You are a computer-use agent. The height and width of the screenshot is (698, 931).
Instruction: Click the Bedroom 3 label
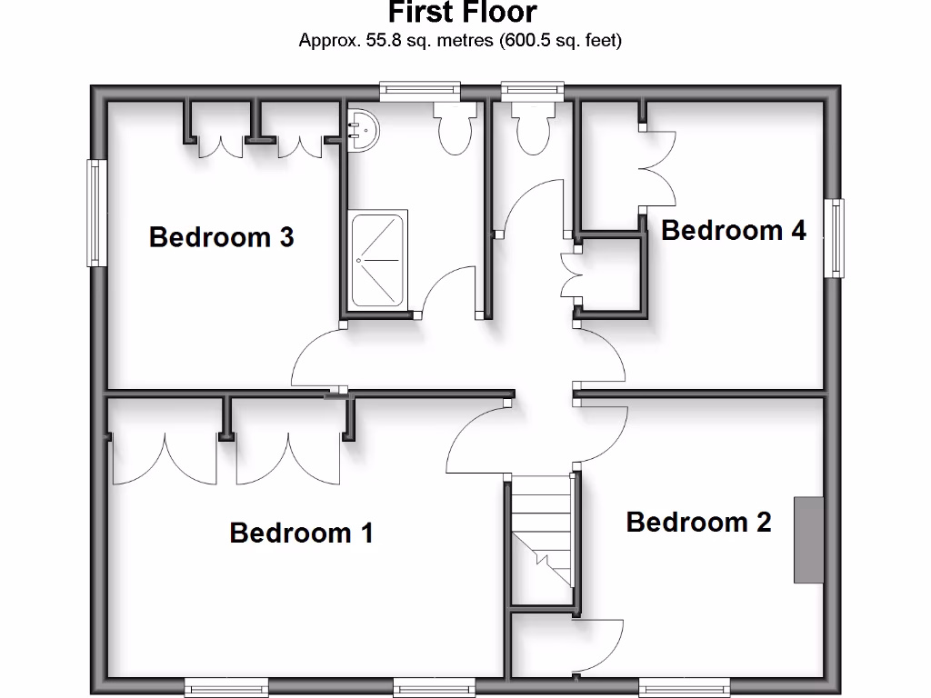point(221,237)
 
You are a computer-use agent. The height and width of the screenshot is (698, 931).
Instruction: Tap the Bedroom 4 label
point(733,230)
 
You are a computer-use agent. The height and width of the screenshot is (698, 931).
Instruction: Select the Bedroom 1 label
point(301,532)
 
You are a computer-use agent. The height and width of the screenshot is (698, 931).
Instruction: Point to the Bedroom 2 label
point(698,522)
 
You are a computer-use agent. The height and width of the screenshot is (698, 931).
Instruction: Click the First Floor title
point(462,13)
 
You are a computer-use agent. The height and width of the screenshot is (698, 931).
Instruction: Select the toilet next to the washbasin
point(455,127)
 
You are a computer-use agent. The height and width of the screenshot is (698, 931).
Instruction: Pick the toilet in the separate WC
point(533,127)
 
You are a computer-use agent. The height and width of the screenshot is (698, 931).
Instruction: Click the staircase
point(543,536)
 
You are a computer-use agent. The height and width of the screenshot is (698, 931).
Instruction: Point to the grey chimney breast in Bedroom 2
point(808,540)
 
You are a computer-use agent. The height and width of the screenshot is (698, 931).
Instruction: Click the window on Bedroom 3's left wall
point(96,213)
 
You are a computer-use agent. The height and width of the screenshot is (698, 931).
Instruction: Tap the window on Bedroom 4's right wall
point(834,237)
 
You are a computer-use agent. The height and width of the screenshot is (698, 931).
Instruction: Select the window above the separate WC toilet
point(533,89)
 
